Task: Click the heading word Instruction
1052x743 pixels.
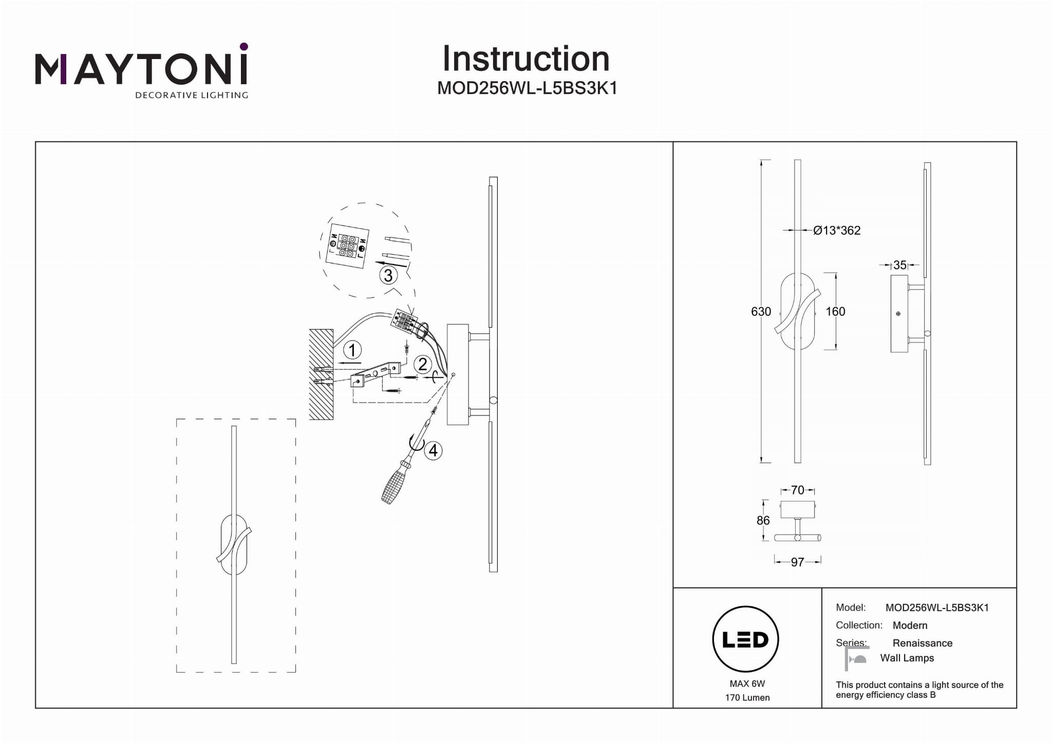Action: [x=525, y=59]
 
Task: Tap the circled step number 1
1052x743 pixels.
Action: [x=352, y=351]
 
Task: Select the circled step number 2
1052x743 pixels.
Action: [x=422, y=364]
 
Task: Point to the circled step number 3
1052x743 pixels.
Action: [x=388, y=275]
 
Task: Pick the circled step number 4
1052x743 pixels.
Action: [x=433, y=450]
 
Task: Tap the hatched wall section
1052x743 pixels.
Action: [x=321, y=374]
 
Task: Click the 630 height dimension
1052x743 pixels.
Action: [x=761, y=312]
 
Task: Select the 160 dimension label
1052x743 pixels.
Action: [x=835, y=312]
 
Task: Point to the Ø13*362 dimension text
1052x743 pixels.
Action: [x=837, y=231]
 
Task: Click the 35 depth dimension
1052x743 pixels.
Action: [x=899, y=265]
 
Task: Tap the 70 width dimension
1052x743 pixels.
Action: [x=797, y=490]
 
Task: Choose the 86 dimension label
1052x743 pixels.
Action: [x=763, y=521]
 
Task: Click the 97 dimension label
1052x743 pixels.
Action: [x=797, y=562]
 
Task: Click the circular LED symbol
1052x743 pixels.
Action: [x=745, y=639]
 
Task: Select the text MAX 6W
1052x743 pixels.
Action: [x=747, y=683]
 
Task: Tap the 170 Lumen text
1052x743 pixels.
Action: [x=747, y=697]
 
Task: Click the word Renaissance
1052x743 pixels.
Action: [x=922, y=643]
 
